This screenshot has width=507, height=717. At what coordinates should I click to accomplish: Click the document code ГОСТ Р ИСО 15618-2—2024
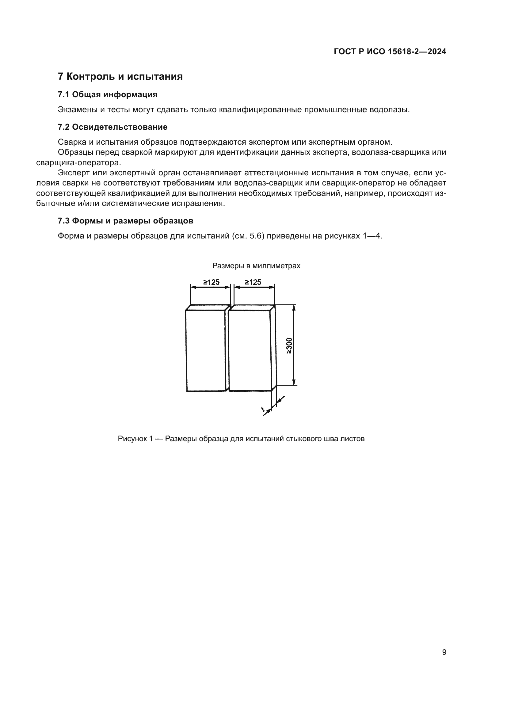(x=390, y=51)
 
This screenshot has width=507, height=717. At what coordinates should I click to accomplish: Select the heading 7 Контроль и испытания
(x=120, y=77)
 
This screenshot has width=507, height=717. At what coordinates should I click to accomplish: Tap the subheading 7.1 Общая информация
(x=107, y=95)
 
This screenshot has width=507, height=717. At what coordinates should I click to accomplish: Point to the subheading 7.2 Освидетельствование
(x=112, y=127)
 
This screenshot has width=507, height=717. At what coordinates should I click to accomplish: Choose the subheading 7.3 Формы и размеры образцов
(x=125, y=221)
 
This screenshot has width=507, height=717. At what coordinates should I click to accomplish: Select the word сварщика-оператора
(x=78, y=163)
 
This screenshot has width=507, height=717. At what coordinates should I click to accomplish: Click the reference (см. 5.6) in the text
(x=249, y=236)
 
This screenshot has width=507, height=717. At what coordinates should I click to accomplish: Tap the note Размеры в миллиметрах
(x=256, y=266)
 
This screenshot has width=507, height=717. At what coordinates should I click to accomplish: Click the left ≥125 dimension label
(x=212, y=282)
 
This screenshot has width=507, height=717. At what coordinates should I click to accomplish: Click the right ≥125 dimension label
(x=253, y=282)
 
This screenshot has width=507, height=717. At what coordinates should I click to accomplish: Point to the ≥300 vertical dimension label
(x=289, y=345)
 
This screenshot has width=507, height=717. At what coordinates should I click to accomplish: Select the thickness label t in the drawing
(x=263, y=409)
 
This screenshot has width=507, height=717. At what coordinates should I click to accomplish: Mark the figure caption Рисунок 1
(x=241, y=439)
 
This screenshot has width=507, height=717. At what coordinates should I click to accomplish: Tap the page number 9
(x=444, y=652)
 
